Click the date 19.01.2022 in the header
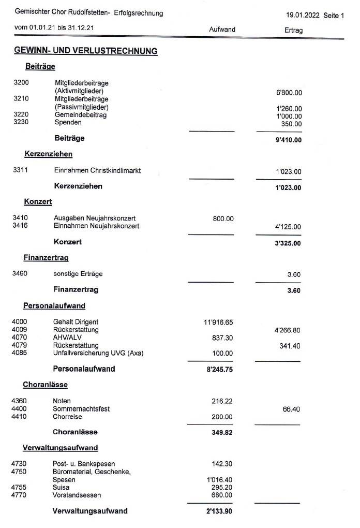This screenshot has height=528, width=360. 303,16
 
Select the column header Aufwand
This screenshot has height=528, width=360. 222,30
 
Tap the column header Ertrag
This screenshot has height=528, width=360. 293,31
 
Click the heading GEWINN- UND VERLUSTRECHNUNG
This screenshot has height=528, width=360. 86,51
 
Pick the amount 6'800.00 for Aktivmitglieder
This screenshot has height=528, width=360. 289,93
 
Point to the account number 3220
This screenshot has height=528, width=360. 21,115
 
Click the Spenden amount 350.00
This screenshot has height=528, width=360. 292,124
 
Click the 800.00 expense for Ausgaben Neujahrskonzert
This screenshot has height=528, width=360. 223,219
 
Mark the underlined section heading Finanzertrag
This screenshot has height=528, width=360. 46,257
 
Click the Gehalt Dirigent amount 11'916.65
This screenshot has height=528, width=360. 219,322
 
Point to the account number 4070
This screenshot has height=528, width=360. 20,338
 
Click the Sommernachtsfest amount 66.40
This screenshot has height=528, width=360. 290,409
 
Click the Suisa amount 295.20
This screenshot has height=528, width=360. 222,488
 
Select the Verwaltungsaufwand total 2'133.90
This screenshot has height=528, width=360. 219,511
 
